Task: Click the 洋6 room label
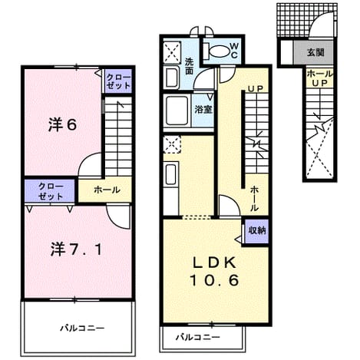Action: click(63, 125)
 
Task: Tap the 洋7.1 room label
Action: click(76, 249)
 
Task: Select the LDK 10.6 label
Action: click(214, 271)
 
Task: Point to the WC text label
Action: click(234, 51)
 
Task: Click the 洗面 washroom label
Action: click(189, 66)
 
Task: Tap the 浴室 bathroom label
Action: click(203, 110)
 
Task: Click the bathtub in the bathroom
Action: click(177, 111)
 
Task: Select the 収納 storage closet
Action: click(256, 231)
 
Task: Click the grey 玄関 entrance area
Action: click(313, 52)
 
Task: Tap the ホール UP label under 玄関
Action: click(320, 78)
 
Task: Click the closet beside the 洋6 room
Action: click(118, 81)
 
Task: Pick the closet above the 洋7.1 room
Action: click(50, 192)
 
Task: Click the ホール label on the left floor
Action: click(107, 190)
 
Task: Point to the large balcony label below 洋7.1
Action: click(82, 328)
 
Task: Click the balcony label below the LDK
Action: click(198, 337)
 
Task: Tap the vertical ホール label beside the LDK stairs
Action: click(254, 198)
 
